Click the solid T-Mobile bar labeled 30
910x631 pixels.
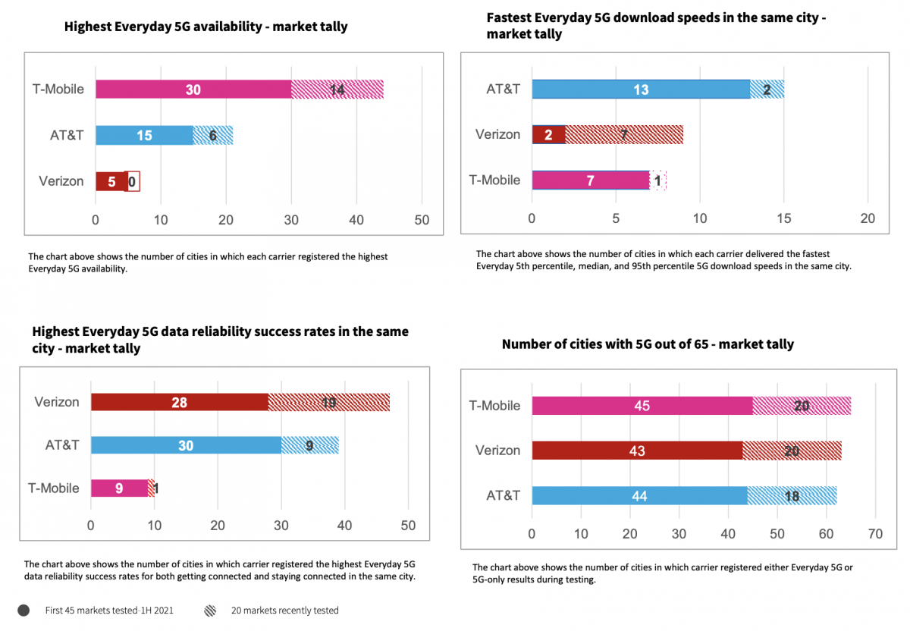(x=193, y=89)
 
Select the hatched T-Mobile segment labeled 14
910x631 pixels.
(x=337, y=89)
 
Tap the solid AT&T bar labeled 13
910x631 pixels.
(x=641, y=89)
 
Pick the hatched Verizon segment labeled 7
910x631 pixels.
(x=624, y=134)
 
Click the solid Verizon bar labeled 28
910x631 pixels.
(x=180, y=402)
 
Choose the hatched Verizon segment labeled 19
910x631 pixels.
(x=328, y=402)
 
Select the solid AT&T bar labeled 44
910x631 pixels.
(x=639, y=495)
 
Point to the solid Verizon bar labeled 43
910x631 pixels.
(x=637, y=450)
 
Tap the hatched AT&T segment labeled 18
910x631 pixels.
(x=792, y=495)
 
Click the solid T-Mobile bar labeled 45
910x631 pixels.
(x=642, y=406)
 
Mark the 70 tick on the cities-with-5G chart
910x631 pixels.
(x=875, y=534)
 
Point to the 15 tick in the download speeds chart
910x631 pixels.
(x=784, y=218)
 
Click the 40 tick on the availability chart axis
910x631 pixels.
(x=356, y=220)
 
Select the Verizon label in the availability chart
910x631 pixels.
(x=61, y=181)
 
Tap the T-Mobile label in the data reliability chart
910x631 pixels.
(x=53, y=488)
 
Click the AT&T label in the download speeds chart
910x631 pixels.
(x=504, y=89)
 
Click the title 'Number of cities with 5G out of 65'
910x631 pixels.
(x=648, y=344)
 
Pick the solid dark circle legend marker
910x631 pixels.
(x=24, y=611)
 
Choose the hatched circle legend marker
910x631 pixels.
(x=209, y=611)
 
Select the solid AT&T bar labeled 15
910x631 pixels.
(x=144, y=136)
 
